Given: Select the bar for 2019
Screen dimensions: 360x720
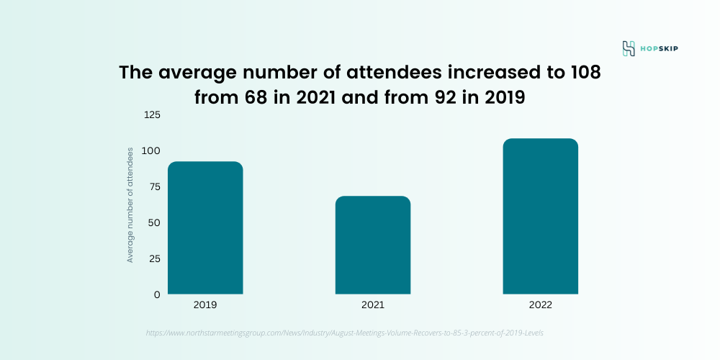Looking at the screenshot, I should (205, 228).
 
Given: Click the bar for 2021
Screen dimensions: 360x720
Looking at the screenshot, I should (373, 245).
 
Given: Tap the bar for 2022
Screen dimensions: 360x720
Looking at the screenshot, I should (540, 216).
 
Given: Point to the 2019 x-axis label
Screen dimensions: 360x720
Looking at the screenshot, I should (205, 305).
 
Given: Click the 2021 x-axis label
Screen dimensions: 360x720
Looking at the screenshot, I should (373, 305).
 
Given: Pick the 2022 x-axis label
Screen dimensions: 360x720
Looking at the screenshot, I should (540, 305).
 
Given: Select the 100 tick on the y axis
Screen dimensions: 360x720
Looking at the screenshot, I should (151, 150).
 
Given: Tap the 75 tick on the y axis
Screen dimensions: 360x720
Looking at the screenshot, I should (153, 186).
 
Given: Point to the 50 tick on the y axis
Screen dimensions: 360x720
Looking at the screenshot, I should (153, 222).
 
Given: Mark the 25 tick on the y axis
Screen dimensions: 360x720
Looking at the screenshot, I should (153, 258).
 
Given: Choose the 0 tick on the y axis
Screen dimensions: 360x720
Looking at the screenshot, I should (156, 294).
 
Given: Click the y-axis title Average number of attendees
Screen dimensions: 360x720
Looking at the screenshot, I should (130, 204).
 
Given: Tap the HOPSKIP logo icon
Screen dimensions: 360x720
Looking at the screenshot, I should (629, 49).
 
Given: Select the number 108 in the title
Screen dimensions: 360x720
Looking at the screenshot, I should (580, 73).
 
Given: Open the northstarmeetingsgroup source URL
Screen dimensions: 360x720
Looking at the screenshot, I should (349, 333).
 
